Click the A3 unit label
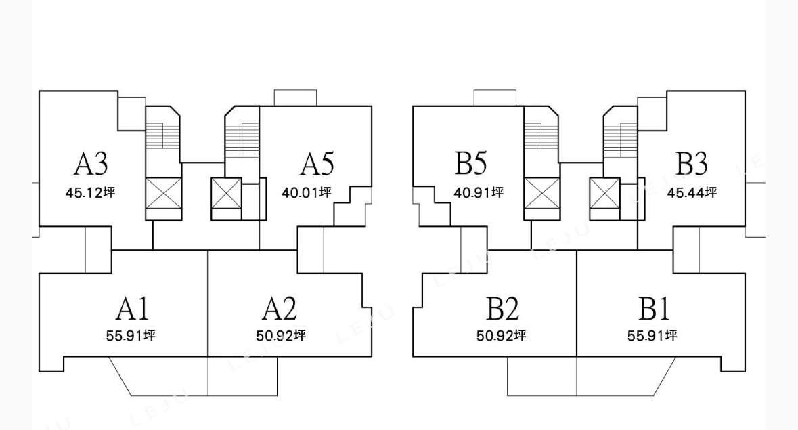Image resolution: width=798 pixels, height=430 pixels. pyautogui.click(x=91, y=164)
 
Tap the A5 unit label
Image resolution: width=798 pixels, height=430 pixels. pyautogui.click(x=317, y=164)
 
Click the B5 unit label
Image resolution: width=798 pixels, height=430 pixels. pyautogui.click(x=471, y=164)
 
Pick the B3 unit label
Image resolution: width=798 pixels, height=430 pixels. pyautogui.click(x=691, y=164)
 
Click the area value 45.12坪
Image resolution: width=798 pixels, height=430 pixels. pyautogui.click(x=91, y=192)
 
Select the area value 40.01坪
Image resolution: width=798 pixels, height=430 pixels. pyautogui.click(x=306, y=192)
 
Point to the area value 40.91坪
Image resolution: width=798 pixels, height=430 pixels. pyautogui.click(x=479, y=192)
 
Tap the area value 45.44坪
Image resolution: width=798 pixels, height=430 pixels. pyautogui.click(x=692, y=192)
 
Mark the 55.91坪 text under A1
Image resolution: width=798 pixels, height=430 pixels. pyautogui.click(x=131, y=335)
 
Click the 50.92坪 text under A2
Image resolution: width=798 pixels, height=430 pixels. pyautogui.click(x=282, y=335)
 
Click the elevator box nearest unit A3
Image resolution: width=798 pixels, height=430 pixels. pyautogui.click(x=164, y=194)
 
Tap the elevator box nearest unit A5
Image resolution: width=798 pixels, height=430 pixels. pyautogui.click(x=226, y=194)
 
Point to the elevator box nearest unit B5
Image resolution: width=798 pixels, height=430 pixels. pyautogui.click(x=541, y=194)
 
